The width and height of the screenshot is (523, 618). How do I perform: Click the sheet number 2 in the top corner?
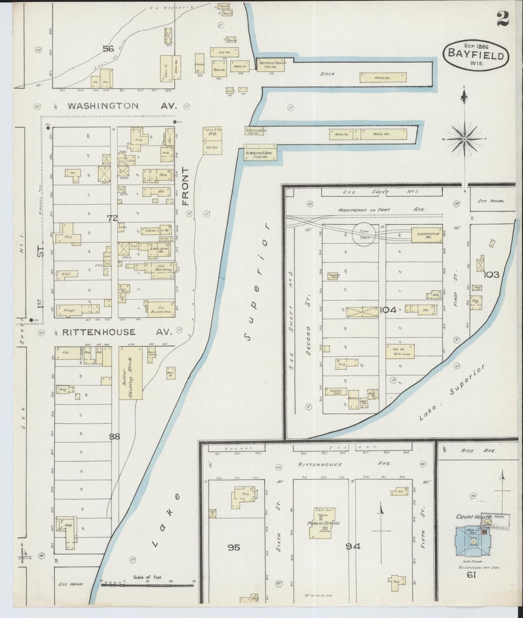pos(502,19)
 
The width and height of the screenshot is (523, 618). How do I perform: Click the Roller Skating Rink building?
pos(131,373)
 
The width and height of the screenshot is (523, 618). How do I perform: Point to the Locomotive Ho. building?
pos(427,235)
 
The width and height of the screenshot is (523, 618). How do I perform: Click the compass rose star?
pos(464,139)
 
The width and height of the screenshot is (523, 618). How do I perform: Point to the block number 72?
pos(113,218)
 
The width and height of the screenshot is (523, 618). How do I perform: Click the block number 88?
pos(114,437)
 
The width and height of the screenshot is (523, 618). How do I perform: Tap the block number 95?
pos(234,548)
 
